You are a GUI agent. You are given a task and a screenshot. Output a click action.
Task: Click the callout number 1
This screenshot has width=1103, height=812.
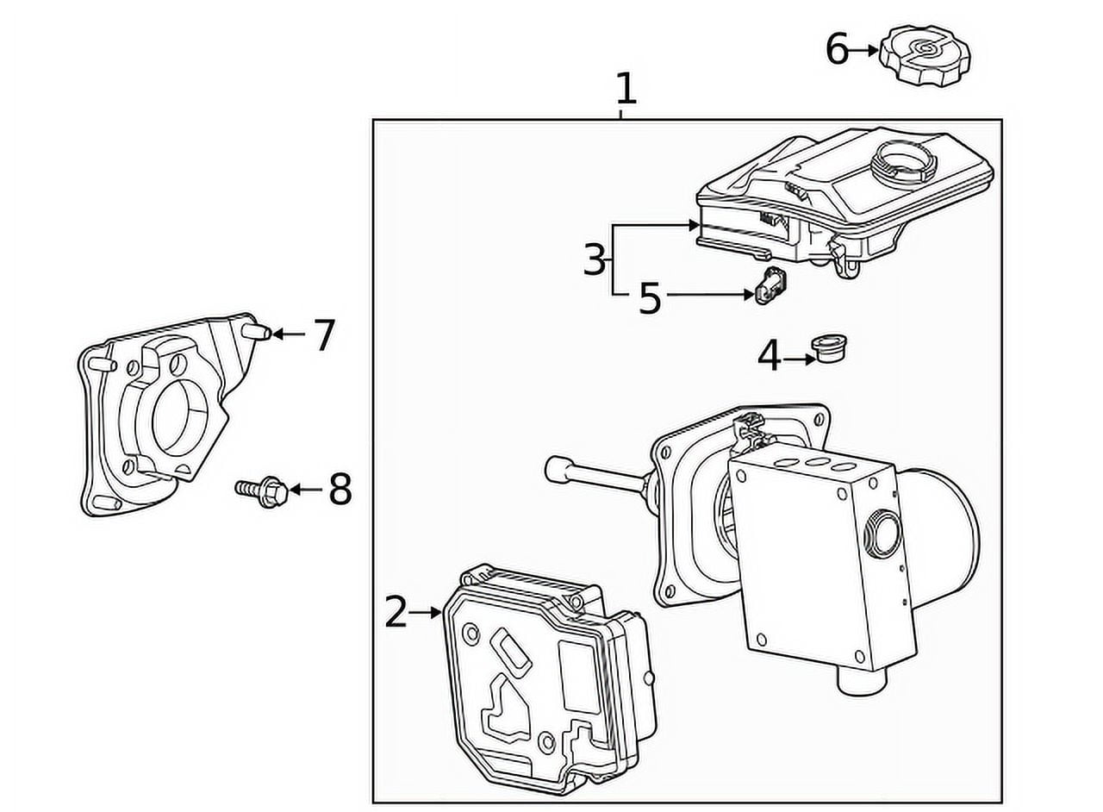coord(626,90)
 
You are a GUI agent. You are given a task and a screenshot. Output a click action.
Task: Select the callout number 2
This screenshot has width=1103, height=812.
coord(396,613)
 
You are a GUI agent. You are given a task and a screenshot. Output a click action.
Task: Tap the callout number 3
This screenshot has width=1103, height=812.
coord(595,259)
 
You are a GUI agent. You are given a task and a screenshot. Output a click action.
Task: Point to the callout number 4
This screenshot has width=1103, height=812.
coord(769,356)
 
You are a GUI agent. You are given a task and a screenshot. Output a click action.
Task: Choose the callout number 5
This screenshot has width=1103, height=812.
coord(650,298)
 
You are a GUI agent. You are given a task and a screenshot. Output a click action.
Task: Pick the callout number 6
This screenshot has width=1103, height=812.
coord(837,50)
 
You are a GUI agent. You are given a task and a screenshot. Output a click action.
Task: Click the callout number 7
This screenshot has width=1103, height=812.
coord(323,335)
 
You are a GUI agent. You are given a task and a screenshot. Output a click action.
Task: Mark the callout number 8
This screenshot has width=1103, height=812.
coord(340,490)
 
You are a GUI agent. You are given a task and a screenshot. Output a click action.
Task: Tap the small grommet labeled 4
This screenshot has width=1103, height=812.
coord(829,348)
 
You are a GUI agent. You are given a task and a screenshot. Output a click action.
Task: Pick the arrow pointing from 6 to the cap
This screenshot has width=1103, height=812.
coord(864,51)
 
